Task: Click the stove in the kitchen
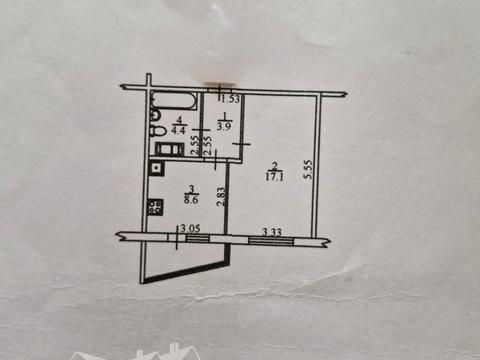click(x=157, y=209)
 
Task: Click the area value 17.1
click(x=272, y=180)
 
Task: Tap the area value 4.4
click(x=179, y=128)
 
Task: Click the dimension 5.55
click(x=309, y=171)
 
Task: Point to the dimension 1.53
click(x=230, y=99)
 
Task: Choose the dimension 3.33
click(x=270, y=231)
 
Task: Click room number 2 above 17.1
click(x=272, y=169)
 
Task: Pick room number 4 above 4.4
click(x=179, y=118)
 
